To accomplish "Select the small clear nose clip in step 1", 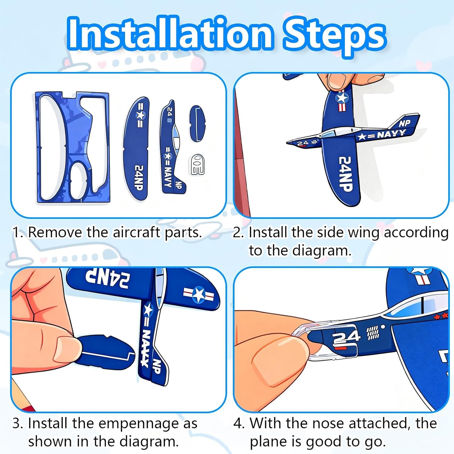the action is click(x=197, y=165).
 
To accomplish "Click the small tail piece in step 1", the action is click(x=197, y=123).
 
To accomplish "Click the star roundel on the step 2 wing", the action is click(x=342, y=98).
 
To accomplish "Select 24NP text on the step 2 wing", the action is click(x=345, y=174).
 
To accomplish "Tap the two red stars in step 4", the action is click(x=440, y=316).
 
